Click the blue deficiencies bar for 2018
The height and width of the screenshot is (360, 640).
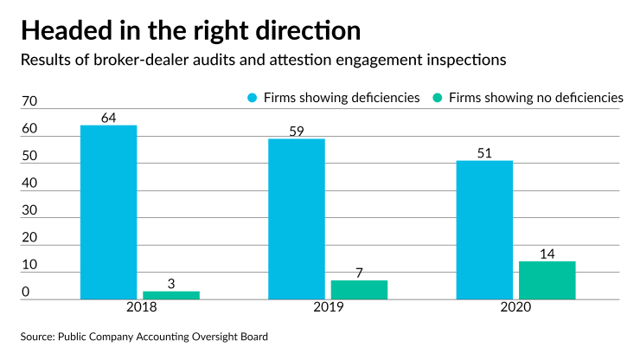coord(109,212)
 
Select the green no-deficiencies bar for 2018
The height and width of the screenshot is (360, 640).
coord(171,295)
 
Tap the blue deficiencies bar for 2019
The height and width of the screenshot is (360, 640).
coord(297,219)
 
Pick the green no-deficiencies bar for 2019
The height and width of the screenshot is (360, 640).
coord(359,290)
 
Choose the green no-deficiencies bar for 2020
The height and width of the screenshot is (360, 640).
coord(547,280)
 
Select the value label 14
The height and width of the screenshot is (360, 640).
coord(547,253)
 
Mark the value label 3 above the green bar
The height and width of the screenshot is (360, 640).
coord(171,283)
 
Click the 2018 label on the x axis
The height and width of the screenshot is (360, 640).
coord(140,308)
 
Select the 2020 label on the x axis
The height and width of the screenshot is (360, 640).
coord(515,308)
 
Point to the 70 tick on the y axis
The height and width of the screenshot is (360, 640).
coord(29,102)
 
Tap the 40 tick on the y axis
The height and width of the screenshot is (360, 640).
coord(29,184)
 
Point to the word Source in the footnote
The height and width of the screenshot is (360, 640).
coord(39,336)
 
